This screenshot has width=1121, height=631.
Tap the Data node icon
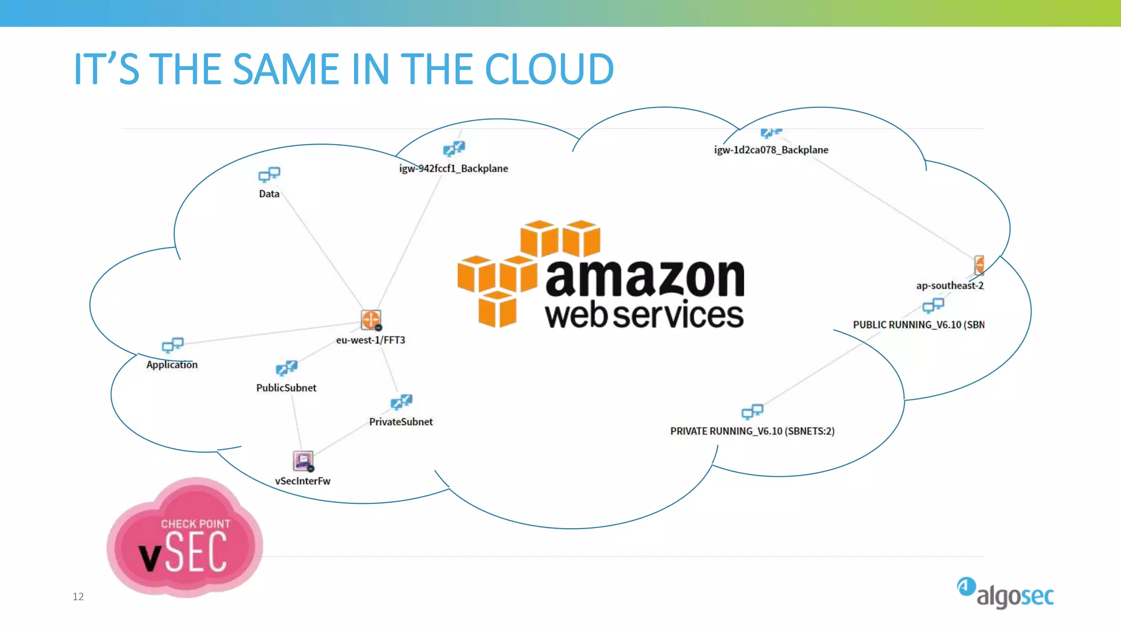[269, 175]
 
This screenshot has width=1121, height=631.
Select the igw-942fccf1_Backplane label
[453, 169]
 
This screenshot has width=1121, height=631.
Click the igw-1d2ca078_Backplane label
[771, 150]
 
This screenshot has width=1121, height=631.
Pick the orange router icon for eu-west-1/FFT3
[371, 319]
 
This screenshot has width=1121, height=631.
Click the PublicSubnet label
[286, 388]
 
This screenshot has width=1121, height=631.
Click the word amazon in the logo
[645, 278]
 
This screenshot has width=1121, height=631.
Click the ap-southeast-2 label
[950, 285]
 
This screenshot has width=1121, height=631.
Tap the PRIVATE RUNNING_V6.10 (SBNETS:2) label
[752, 432]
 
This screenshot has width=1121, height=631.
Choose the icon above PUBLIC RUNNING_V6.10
[933, 305]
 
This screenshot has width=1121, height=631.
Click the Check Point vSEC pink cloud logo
[185, 540]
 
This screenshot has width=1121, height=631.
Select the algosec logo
[1006, 593]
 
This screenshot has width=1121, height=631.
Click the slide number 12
[78, 596]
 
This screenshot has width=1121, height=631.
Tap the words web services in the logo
[644, 315]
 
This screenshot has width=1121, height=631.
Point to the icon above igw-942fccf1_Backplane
[454, 148]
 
